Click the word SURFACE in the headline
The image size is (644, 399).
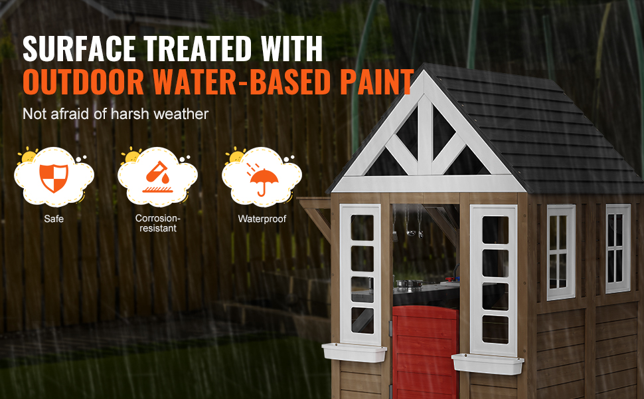click(79, 49)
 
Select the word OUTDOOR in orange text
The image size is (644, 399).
click(84, 81)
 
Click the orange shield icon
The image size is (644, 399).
click(54, 178)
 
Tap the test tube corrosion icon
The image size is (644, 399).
click(158, 177)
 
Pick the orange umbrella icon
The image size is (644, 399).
click(262, 180)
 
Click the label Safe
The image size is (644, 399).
click(54, 219)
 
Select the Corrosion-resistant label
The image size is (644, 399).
click(158, 223)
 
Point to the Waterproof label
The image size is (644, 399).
click(262, 219)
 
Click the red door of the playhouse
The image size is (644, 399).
click(425, 352)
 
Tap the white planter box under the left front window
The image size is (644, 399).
click(354, 352)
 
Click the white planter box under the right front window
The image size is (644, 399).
click(487, 364)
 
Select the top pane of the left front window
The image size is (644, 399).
click(362, 227)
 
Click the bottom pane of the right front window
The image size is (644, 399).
click(495, 329)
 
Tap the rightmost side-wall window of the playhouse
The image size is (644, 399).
click(617, 249)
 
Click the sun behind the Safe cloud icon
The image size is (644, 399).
click(28, 155)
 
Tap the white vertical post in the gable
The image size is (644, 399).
click(425, 136)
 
